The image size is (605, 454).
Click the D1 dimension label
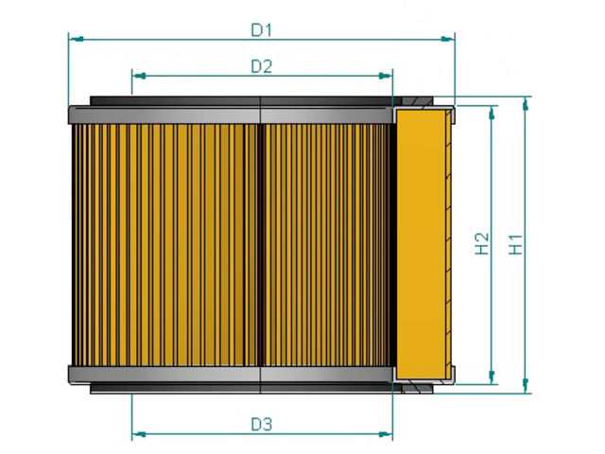[261, 30]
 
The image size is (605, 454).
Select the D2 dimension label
[261, 66]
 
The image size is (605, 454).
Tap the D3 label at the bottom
[261, 425]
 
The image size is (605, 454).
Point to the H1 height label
[516, 244]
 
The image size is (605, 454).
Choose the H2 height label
[481, 244]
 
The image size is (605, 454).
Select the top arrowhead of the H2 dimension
[492, 113]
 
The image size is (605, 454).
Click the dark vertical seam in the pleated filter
[258, 244]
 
